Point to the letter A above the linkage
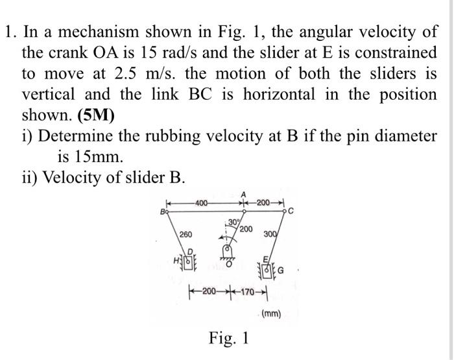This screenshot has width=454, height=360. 243,193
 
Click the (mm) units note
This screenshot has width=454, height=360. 270,315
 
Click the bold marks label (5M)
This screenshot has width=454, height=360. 95,116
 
